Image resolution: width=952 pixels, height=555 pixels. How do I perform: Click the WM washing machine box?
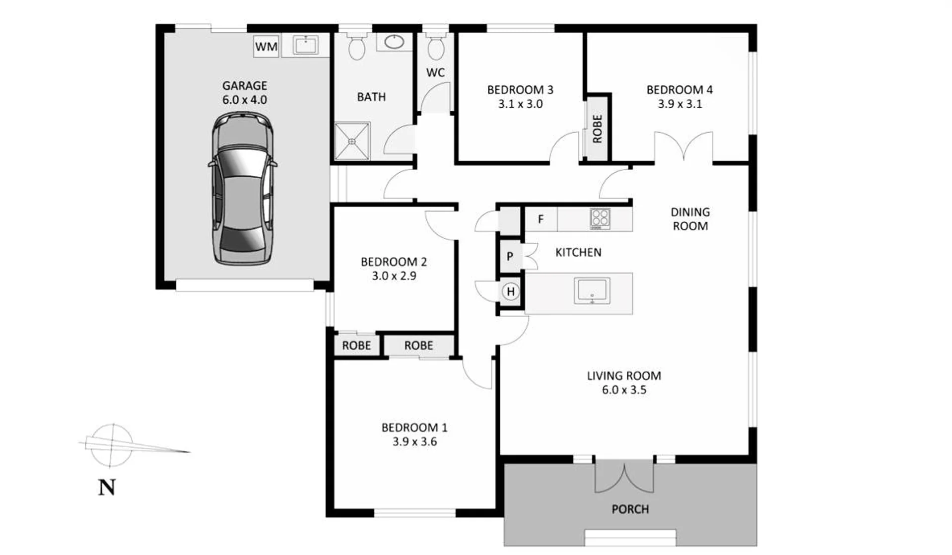(266, 46)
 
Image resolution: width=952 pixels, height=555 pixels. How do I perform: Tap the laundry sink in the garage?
(305, 45)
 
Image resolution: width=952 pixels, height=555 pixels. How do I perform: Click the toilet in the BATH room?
(356, 45)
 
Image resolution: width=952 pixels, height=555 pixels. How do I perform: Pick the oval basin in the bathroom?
(394, 42)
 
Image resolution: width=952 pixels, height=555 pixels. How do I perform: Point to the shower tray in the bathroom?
(352, 141)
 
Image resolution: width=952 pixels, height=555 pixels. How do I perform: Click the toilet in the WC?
(435, 46)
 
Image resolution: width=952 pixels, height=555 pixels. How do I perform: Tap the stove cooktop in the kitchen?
(600, 218)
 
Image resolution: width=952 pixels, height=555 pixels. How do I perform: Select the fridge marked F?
(541, 219)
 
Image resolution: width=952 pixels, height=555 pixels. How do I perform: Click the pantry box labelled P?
(510, 256)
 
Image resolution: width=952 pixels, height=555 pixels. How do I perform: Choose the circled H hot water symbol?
(510, 291)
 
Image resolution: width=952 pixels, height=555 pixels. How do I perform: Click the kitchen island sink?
(592, 290)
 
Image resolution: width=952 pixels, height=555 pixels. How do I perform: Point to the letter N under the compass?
(107, 487)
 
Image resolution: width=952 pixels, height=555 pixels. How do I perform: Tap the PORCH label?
(630, 509)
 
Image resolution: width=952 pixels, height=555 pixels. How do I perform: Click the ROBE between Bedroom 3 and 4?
(597, 129)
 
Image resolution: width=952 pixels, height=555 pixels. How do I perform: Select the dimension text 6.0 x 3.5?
(624, 390)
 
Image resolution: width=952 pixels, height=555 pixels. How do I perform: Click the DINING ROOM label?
(690, 219)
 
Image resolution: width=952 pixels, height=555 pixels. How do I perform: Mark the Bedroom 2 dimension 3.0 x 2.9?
(394, 276)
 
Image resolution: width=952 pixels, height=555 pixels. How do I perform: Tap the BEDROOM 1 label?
(414, 427)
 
